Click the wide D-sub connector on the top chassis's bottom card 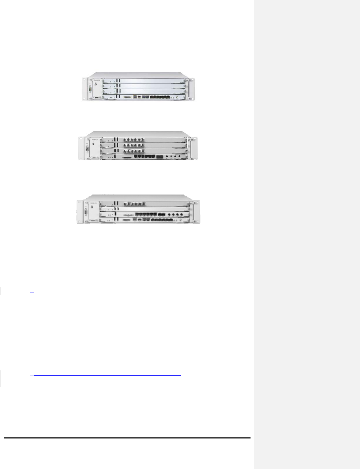[x=127, y=97]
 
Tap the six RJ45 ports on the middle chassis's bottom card [x=145, y=157]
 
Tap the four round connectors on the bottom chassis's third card [x=175, y=213]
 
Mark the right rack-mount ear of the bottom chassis [x=196, y=212]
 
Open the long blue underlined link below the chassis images [x=119, y=291]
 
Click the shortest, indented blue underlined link [x=114, y=384]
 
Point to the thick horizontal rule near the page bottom [x=127, y=438]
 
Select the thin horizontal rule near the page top [x=127, y=38]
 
